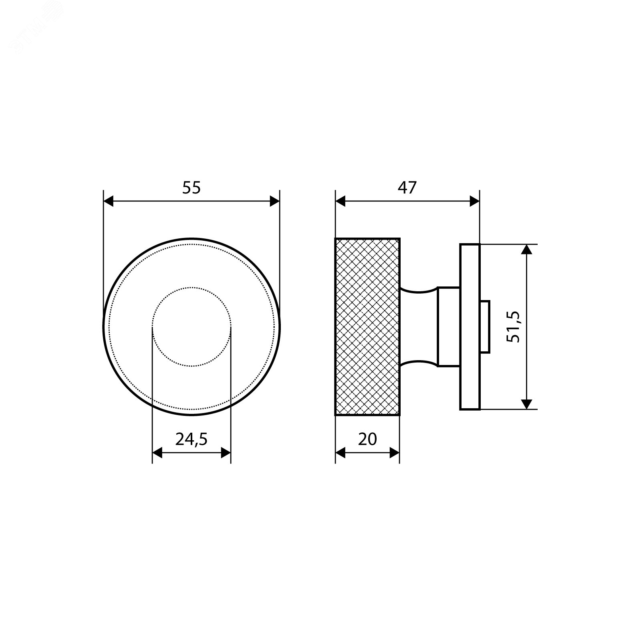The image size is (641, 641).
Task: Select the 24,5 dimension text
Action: point(191,439)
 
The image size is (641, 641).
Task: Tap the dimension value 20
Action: point(367,439)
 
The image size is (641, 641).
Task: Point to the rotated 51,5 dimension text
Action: point(513,327)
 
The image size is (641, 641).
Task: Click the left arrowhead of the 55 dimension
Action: point(109,202)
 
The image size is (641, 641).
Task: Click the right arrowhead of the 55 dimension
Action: point(274,202)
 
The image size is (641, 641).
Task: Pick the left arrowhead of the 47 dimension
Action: point(341,202)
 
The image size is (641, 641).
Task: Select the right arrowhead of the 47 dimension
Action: point(474,202)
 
